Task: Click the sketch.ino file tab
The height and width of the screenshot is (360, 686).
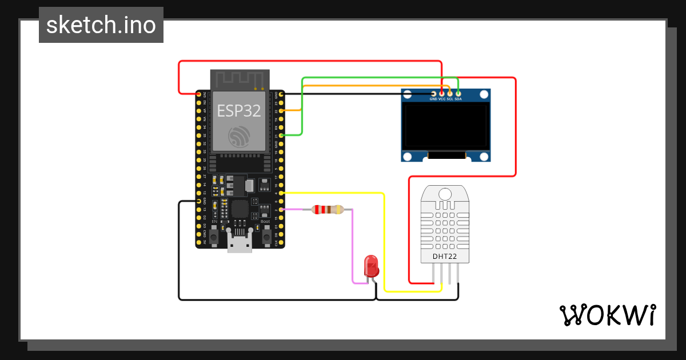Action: pyautogui.click(x=101, y=25)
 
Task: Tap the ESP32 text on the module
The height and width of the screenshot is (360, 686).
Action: pyautogui.click(x=239, y=111)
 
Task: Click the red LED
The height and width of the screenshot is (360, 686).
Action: pyautogui.click(x=371, y=266)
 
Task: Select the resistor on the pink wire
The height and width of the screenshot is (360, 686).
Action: pyautogui.click(x=328, y=210)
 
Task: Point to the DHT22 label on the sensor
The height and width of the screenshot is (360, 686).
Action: pyautogui.click(x=444, y=257)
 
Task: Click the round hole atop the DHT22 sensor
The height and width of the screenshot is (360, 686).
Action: pyautogui.click(x=445, y=194)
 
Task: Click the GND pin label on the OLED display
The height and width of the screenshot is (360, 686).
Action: pyautogui.click(x=433, y=99)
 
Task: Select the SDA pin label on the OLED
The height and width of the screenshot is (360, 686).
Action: pyautogui.click(x=458, y=99)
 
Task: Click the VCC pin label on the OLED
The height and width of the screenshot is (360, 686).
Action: pyautogui.click(x=442, y=99)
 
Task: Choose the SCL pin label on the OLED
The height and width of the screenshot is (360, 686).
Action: pyautogui.click(x=450, y=99)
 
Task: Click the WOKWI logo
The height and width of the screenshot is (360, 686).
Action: pyautogui.click(x=607, y=315)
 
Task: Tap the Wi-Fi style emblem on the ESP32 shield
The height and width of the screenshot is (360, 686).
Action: pyautogui.click(x=239, y=137)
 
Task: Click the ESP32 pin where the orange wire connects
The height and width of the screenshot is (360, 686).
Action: pyautogui.click(x=281, y=110)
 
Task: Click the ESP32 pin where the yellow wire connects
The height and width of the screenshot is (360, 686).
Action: pyautogui.click(x=281, y=193)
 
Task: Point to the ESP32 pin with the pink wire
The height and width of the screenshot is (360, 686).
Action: pyautogui.click(x=281, y=210)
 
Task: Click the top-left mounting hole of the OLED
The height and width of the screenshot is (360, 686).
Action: pyautogui.click(x=408, y=95)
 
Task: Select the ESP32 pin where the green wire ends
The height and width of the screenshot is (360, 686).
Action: pyautogui.click(x=281, y=135)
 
